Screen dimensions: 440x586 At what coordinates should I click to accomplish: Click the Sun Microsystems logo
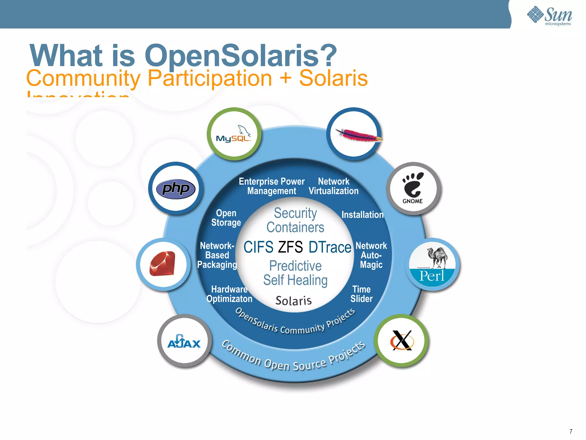[x=549, y=16]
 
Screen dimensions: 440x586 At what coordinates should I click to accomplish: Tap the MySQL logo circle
[x=234, y=134]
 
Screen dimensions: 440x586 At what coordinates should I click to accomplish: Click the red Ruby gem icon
[x=163, y=264]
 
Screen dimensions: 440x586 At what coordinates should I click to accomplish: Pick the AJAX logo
[x=184, y=341]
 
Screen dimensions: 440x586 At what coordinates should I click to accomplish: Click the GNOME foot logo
[x=413, y=188]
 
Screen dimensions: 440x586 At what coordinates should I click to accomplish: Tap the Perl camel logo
[x=432, y=264]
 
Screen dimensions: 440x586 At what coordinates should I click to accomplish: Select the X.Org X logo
[x=402, y=340]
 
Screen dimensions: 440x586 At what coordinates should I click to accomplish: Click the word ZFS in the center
[x=290, y=247]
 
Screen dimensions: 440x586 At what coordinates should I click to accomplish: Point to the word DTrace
[x=330, y=247]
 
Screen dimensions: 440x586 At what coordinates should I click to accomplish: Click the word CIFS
[x=258, y=247]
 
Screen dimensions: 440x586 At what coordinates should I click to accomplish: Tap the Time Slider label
[x=361, y=294]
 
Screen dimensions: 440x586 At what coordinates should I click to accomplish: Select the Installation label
[x=363, y=215]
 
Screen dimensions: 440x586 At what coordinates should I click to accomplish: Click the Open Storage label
[x=226, y=218]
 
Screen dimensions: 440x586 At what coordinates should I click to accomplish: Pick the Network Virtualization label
[x=334, y=186]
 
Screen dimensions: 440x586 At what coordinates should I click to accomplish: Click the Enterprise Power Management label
[x=272, y=186]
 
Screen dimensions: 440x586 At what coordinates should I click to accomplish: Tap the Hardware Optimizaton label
[x=229, y=294]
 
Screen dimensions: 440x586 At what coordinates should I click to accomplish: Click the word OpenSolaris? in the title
[x=241, y=55]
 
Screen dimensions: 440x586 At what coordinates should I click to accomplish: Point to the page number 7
[x=571, y=431]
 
